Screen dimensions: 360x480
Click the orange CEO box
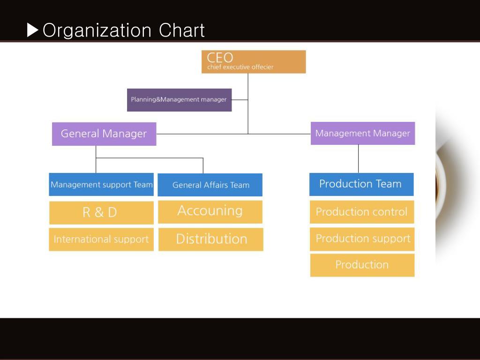pos(254,62)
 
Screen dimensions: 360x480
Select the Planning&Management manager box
pos(179,100)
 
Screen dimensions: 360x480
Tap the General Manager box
pos(104,134)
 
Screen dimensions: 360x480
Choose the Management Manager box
pos(363,134)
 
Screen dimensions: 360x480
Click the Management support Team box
pos(101,185)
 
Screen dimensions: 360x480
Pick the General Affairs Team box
pos(210,185)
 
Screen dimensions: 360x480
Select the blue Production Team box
pos(361,184)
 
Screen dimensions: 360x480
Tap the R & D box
pos(101,212)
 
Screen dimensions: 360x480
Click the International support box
pos(101,240)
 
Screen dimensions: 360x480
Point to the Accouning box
pos(210,211)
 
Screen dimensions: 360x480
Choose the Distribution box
pos(211,239)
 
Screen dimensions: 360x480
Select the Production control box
pos(362,212)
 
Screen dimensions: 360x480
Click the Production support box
pos(362,239)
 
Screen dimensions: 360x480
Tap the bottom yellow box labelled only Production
pos(362,265)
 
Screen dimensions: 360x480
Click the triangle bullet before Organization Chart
pos(33,31)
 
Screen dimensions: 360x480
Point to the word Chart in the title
pos(182,31)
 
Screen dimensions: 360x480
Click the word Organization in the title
pos(97,31)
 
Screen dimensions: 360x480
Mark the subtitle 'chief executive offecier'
pos(240,67)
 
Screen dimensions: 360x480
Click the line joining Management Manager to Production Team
pos(359,159)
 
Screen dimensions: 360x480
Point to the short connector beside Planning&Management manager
pos(240,100)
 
